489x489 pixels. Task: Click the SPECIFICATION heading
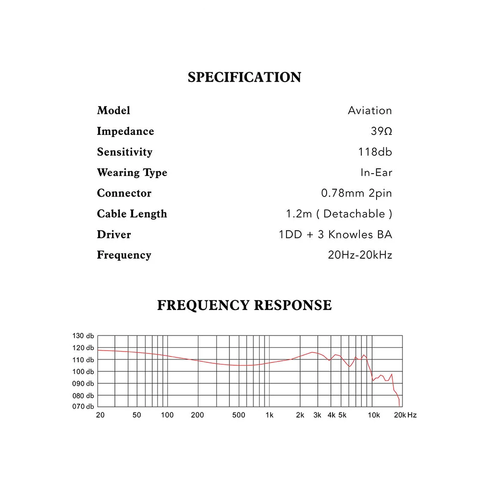coord(244,77)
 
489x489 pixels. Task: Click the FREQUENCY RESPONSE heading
coord(244,305)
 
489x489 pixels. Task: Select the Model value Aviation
coord(370,111)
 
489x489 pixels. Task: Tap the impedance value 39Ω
coord(381,131)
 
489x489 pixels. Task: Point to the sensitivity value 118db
coord(375,152)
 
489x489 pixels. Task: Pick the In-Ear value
coord(376,173)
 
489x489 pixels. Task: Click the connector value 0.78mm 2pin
coord(356,193)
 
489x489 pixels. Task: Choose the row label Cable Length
coord(132,214)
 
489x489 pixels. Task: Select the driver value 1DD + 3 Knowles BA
coord(335,234)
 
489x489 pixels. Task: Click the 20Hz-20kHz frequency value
coord(360,255)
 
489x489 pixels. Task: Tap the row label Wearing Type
coord(132,173)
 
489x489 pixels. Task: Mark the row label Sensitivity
coord(125,152)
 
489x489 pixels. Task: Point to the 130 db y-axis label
coord(83,336)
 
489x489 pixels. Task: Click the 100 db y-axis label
coord(83,372)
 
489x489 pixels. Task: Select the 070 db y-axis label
coord(83,407)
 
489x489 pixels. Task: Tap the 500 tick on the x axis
coord(239,415)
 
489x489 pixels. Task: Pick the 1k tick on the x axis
coord(269,415)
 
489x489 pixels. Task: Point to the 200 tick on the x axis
coord(198,415)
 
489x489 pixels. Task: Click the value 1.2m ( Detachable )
coord(339,214)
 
